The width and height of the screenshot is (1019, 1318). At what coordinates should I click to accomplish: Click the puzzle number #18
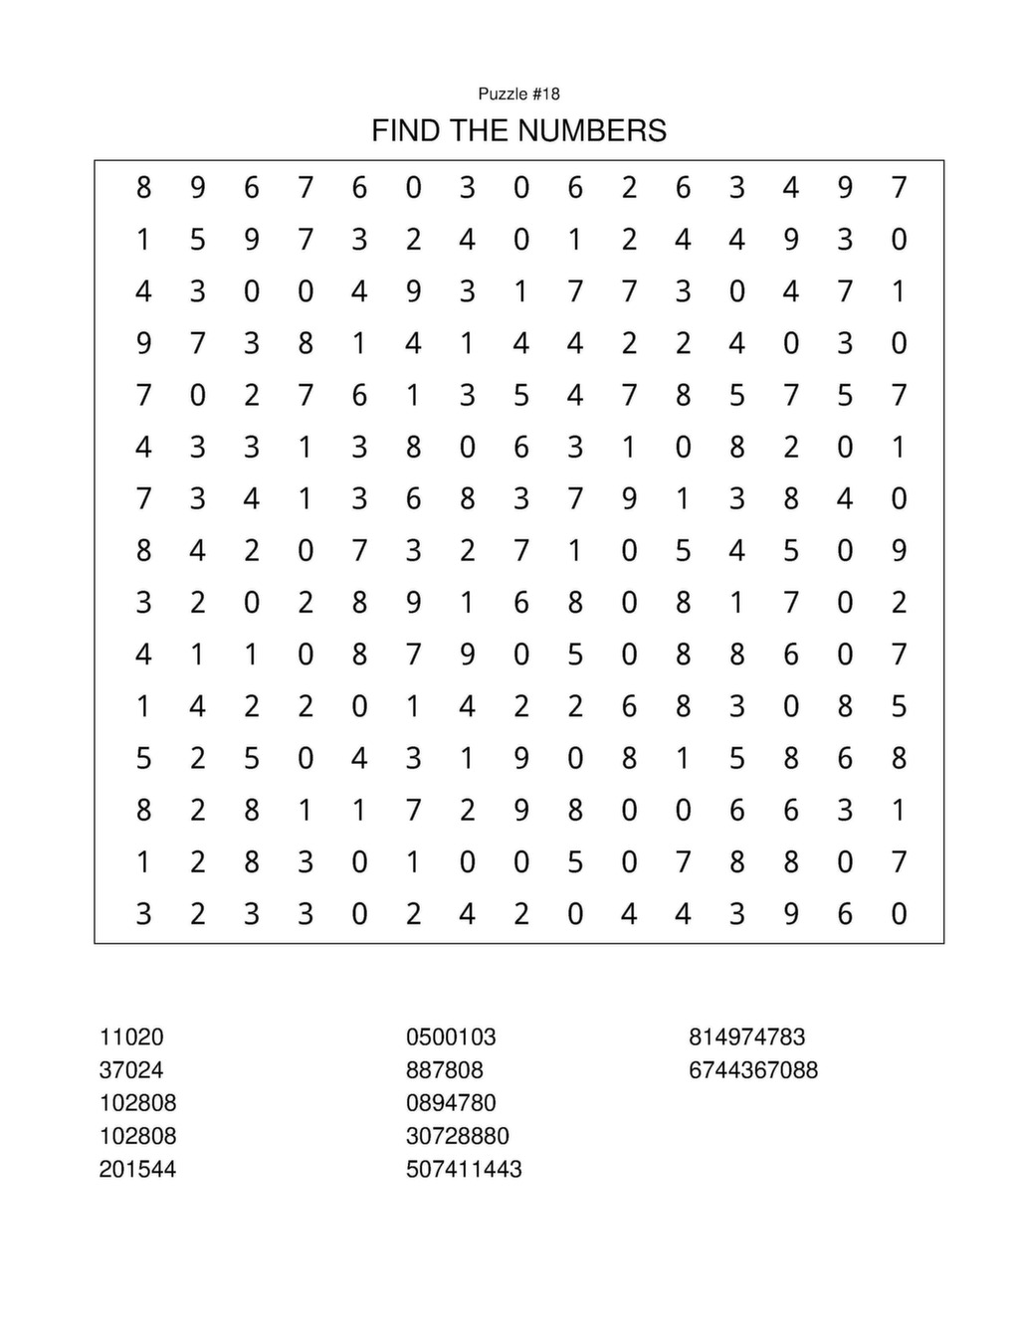click(x=546, y=94)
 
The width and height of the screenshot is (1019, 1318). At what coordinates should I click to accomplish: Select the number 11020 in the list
click(x=131, y=1036)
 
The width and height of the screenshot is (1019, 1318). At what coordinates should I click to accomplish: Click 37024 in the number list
click(x=131, y=1069)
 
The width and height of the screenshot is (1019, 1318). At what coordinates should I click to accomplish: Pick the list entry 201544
click(x=137, y=1169)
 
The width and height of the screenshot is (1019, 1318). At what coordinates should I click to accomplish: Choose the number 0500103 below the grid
click(x=451, y=1036)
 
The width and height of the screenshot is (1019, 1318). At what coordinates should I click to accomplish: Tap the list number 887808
click(x=445, y=1069)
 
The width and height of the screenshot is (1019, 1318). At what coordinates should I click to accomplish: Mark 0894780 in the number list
click(x=451, y=1102)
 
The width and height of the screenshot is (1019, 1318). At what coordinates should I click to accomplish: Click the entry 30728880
click(x=458, y=1135)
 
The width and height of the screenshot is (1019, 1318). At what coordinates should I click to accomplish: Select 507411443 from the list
click(x=464, y=1169)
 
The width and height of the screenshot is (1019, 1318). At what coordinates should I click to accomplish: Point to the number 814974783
click(x=747, y=1036)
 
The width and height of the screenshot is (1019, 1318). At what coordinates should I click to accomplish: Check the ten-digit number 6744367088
click(x=753, y=1069)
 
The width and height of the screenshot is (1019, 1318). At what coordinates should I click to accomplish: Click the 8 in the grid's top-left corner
click(x=144, y=187)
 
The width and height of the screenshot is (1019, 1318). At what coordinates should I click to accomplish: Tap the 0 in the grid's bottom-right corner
click(x=899, y=913)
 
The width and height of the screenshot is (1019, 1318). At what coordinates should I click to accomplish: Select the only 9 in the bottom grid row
click(x=791, y=913)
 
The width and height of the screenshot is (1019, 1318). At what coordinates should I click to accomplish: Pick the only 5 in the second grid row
click(x=198, y=239)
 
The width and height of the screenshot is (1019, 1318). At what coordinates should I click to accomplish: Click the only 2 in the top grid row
click(x=629, y=187)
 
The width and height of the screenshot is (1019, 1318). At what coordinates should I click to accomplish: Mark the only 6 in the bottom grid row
click(x=845, y=913)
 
